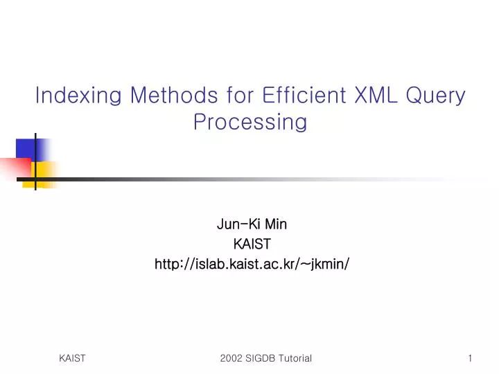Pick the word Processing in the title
point(250,122)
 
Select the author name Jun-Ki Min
point(252,224)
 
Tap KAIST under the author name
point(252,244)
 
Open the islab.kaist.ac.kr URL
point(252,263)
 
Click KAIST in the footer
point(72,358)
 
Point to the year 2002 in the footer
point(231,358)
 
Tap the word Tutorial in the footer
point(296,358)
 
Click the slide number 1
point(470,358)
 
